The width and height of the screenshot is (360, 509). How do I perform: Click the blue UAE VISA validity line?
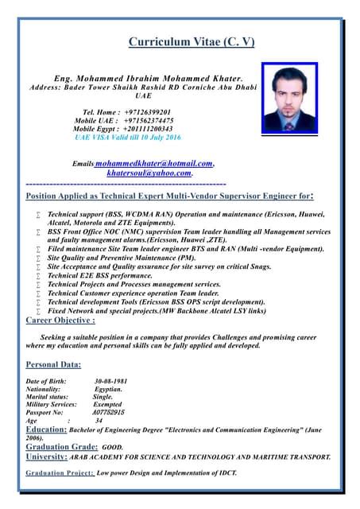(128, 137)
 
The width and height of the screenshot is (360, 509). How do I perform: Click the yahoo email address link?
(149, 173)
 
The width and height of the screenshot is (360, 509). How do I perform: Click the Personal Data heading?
(53, 364)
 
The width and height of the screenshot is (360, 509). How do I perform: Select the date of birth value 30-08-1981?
(110, 381)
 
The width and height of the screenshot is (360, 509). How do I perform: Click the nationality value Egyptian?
(108, 389)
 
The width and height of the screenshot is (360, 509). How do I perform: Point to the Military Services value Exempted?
(107, 405)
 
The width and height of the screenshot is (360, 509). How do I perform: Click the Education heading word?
(46, 429)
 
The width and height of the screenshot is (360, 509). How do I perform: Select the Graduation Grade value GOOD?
(112, 448)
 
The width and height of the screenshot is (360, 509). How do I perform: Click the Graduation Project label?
(60, 472)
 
